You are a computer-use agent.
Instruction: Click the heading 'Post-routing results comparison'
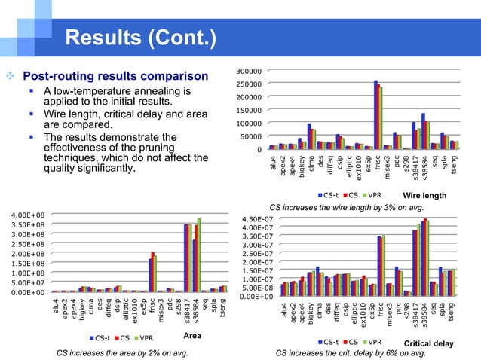point(115,76)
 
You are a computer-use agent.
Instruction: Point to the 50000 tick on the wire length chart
point(249,136)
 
